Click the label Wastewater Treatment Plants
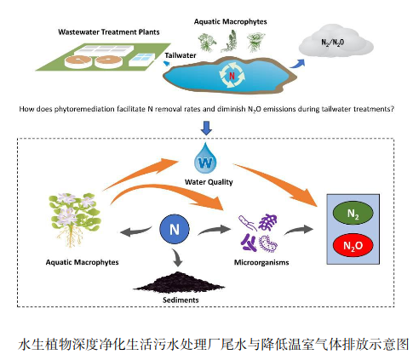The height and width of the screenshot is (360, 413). point(108,31)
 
